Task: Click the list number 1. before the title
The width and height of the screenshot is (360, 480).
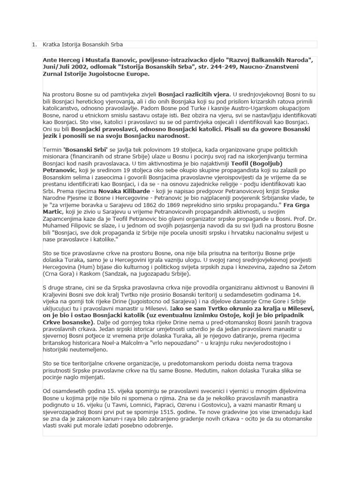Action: [x=34, y=45]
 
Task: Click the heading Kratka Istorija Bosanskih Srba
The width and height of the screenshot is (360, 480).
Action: [x=83, y=45]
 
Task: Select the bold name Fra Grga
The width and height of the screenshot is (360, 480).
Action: [x=296, y=205]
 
